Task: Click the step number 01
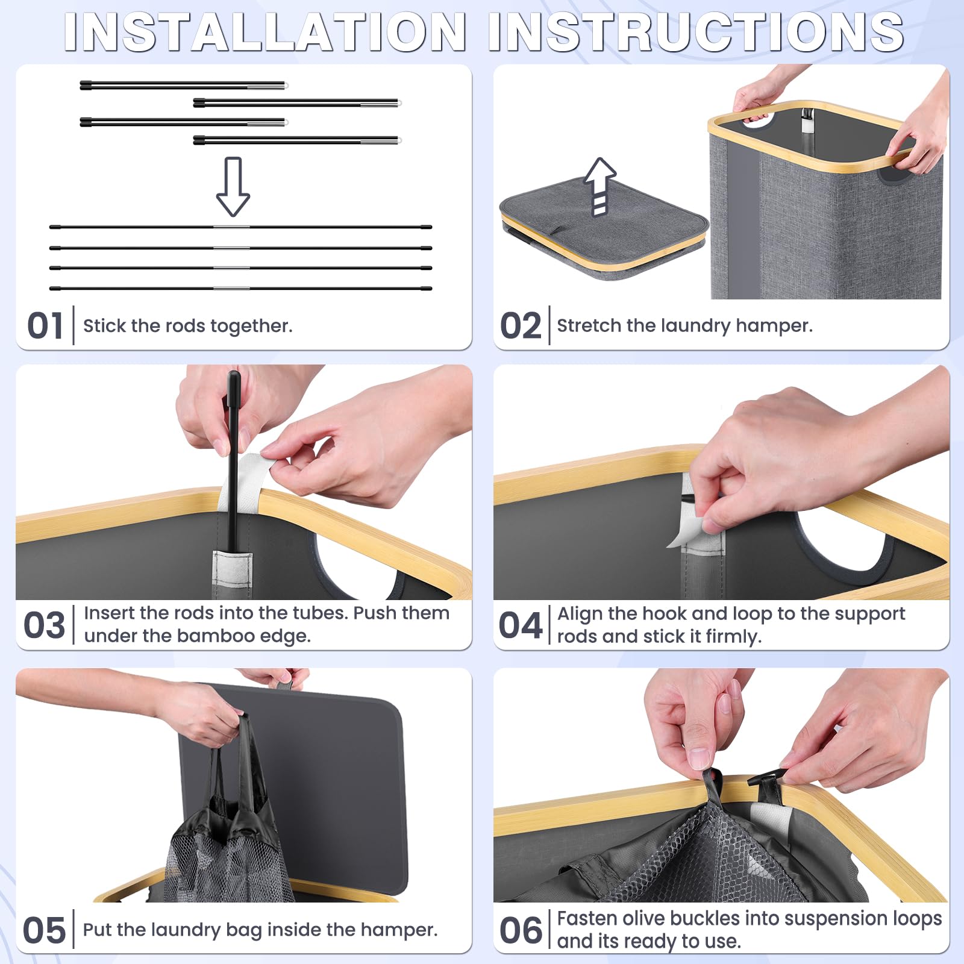(x=45, y=326)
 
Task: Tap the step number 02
(x=521, y=326)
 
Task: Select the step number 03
(x=44, y=625)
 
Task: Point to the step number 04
(x=521, y=625)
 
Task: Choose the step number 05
(x=44, y=930)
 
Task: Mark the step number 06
(x=521, y=930)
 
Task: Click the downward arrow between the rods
(x=233, y=187)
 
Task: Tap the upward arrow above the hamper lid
(x=600, y=187)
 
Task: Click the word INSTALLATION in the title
(x=265, y=32)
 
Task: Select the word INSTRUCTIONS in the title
(x=696, y=32)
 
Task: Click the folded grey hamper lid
(x=604, y=229)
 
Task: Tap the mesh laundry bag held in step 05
(x=226, y=825)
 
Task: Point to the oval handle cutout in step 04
(x=843, y=542)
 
